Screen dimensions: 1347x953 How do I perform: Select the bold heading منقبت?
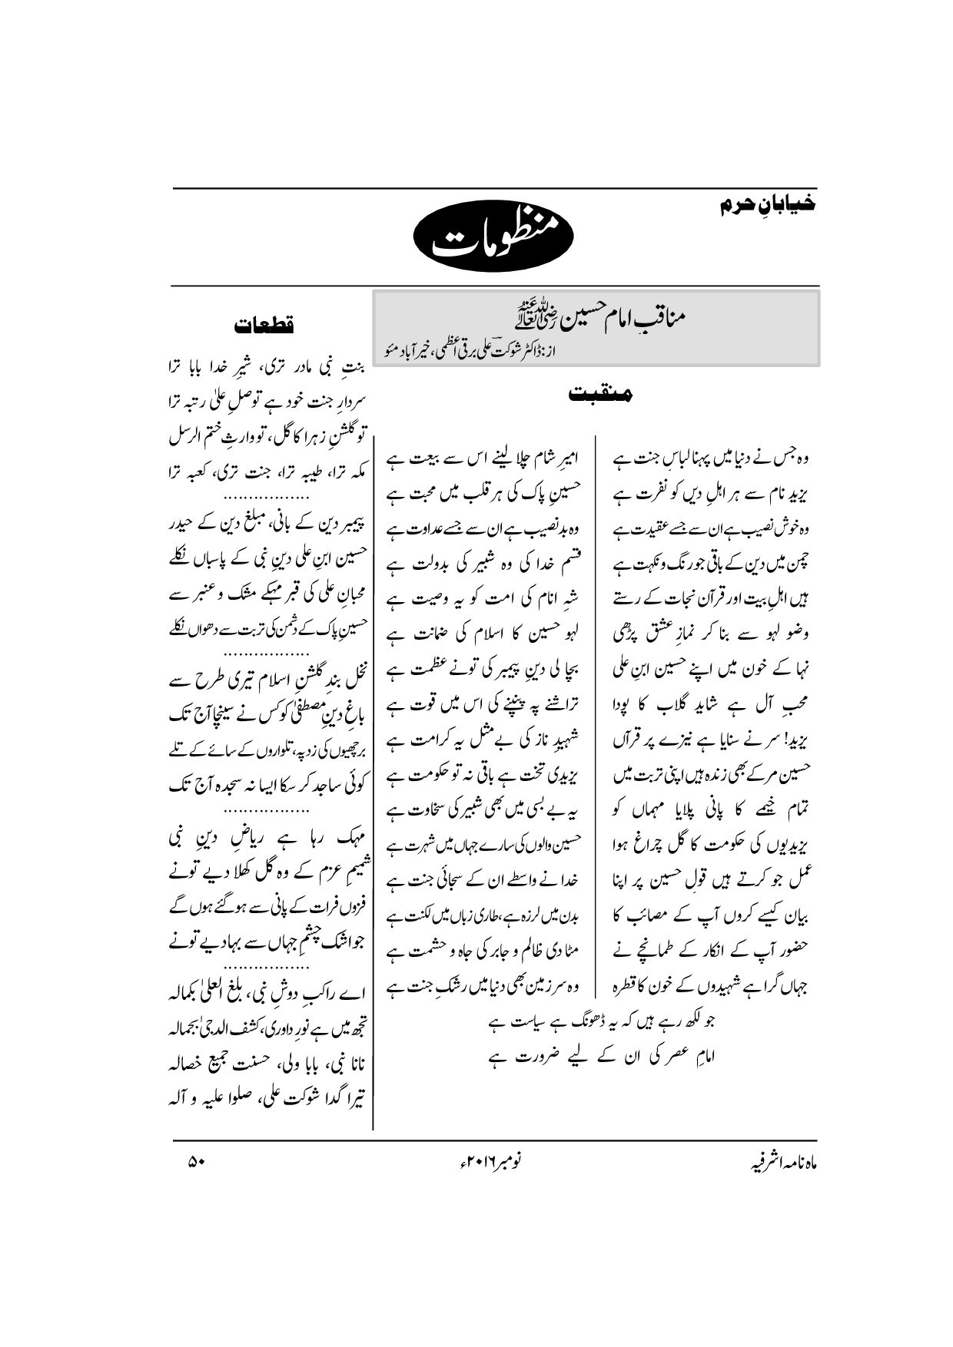click(x=600, y=394)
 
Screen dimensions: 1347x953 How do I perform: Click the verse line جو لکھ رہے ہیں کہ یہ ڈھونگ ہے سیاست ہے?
click(x=596, y=1023)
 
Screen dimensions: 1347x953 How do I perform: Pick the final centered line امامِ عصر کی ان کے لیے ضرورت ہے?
click(x=596, y=1057)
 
